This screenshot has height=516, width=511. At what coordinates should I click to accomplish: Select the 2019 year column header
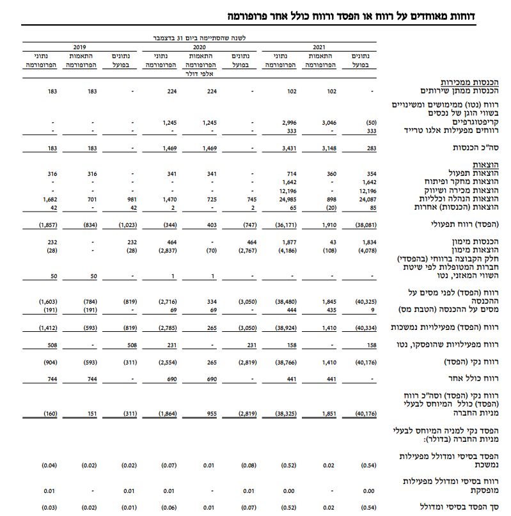point(79,47)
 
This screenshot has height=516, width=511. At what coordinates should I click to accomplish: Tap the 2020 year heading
point(199,47)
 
